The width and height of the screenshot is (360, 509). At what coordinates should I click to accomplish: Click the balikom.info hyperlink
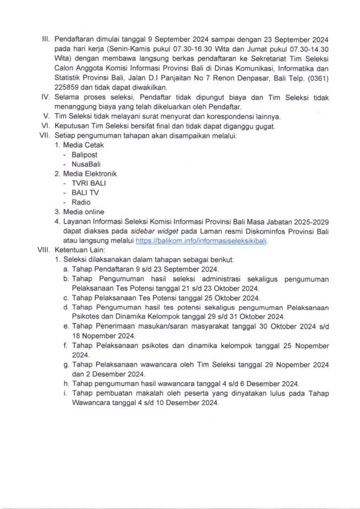[205, 241]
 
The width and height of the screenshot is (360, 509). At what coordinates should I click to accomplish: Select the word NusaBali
[86, 164]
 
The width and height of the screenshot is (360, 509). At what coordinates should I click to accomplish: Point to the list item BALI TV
[85, 193]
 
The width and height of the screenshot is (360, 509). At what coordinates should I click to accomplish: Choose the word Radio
[81, 202]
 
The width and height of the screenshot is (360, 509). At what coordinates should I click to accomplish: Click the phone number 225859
[67, 86]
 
